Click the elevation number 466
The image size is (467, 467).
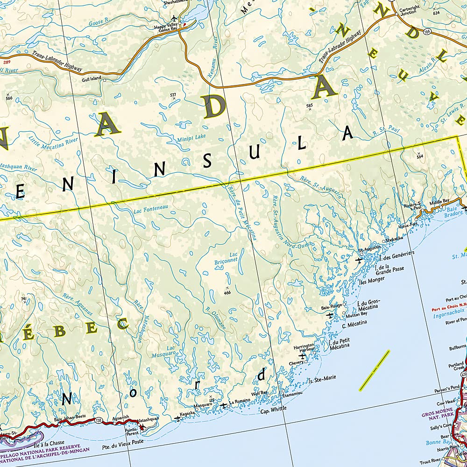coord(227,293)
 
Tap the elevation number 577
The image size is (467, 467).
coord(173,95)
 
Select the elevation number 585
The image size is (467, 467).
coord(309,106)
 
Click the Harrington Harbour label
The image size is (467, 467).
coord(304,348)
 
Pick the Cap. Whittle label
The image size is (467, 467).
coord(273,409)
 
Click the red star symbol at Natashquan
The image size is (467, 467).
coord(142,426)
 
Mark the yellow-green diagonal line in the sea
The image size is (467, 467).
coord(375,370)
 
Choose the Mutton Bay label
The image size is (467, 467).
coord(357,314)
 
